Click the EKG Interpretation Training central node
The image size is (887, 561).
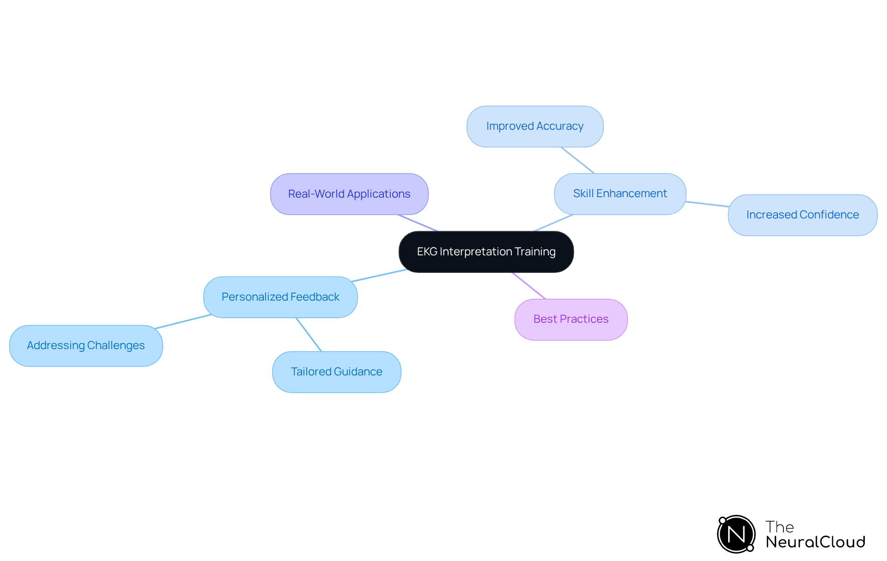click(x=486, y=252)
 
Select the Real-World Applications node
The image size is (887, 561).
click(x=349, y=194)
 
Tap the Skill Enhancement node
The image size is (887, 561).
click(x=620, y=194)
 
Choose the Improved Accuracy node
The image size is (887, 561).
click(x=535, y=127)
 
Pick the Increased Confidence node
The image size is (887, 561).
click(x=802, y=215)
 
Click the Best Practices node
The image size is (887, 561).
click(x=571, y=320)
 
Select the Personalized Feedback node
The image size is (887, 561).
click(x=280, y=297)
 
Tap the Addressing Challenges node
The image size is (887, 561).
click(x=86, y=346)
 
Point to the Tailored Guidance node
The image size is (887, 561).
click(x=337, y=372)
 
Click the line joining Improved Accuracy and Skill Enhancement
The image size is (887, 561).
click(x=578, y=160)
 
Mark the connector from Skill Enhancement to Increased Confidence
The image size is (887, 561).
click(x=707, y=204)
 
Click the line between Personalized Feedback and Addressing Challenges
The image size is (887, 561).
click(x=183, y=321)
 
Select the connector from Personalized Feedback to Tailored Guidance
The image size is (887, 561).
click(x=309, y=334)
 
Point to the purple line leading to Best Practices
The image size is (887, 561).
click(x=529, y=286)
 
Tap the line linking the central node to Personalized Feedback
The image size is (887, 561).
click(x=379, y=275)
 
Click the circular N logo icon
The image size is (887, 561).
click(x=736, y=534)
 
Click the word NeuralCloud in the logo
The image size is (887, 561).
click(x=815, y=542)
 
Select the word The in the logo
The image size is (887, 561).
click(x=779, y=527)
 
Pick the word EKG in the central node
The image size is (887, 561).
click(x=427, y=252)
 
